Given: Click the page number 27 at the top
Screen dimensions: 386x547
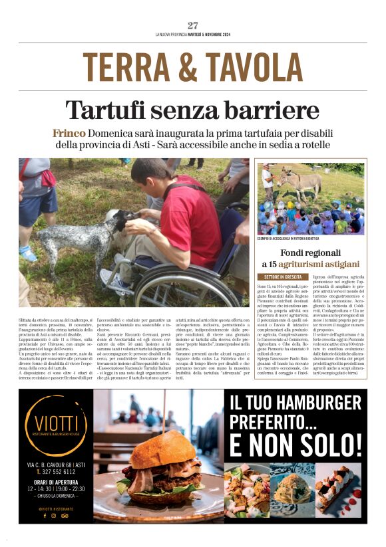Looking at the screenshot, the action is (x=193, y=25).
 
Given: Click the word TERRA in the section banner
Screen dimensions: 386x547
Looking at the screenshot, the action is (x=126, y=67).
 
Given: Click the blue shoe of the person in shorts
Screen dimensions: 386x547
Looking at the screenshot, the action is (x=27, y=253).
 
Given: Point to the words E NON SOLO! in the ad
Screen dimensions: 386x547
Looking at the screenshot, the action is (x=295, y=443).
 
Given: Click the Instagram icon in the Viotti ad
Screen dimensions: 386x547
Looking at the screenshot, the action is (x=54, y=515).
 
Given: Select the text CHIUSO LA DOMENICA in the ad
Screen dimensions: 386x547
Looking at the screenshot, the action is (x=55, y=495).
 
